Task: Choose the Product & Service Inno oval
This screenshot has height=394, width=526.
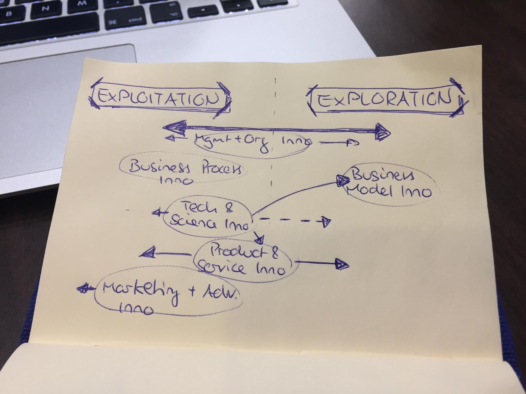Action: click(245, 261)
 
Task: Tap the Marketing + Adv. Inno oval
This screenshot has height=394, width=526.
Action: click(168, 292)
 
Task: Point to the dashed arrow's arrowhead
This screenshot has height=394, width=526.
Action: click(325, 222)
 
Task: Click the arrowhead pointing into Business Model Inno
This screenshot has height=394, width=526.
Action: click(343, 180)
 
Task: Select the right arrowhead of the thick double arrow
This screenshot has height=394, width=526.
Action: click(382, 132)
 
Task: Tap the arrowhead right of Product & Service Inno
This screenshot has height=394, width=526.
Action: click(342, 264)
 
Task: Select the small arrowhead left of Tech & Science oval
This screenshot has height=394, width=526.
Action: click(157, 213)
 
